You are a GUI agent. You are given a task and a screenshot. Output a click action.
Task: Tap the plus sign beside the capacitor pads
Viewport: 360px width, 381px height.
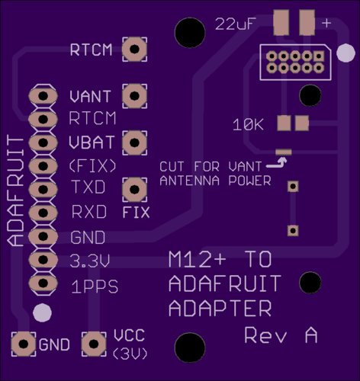(x=326, y=23)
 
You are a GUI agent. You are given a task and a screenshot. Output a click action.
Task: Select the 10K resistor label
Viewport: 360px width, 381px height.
(x=248, y=125)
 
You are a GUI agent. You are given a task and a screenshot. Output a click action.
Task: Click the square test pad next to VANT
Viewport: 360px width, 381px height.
(x=134, y=96)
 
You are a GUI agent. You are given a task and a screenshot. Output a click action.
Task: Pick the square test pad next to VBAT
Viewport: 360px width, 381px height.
(x=134, y=142)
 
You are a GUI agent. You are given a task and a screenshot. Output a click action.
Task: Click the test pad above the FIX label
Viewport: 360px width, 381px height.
(x=134, y=190)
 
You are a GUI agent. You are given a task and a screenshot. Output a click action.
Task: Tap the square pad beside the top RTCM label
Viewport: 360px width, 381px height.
(x=134, y=49)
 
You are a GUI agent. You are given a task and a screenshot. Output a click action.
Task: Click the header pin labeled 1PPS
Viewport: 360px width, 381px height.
(x=43, y=283)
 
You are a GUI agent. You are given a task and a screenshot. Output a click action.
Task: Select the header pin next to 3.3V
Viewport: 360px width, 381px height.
(x=43, y=259)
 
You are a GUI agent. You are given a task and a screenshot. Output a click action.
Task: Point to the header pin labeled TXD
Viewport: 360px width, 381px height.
(x=43, y=189)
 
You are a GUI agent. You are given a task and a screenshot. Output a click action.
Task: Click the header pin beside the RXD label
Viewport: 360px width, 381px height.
(x=43, y=213)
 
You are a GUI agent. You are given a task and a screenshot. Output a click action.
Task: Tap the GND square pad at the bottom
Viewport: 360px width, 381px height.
(x=24, y=344)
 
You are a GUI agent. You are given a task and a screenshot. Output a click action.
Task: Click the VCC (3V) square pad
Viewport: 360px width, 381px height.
(x=94, y=344)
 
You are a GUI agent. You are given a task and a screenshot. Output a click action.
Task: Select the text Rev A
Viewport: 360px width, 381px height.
(x=281, y=335)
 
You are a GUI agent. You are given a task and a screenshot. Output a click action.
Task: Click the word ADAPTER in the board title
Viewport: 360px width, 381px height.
(x=220, y=308)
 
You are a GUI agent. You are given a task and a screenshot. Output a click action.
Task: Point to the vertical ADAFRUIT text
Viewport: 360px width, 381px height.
(x=15, y=190)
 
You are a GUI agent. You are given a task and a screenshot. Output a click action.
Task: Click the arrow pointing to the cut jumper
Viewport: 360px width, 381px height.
(x=277, y=163)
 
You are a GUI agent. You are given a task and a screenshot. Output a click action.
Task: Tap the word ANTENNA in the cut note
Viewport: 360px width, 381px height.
(x=190, y=181)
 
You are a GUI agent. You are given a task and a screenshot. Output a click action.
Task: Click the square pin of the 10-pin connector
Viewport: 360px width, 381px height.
(x=319, y=56)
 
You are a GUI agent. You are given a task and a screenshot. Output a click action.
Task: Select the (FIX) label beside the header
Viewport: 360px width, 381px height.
(x=92, y=166)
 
